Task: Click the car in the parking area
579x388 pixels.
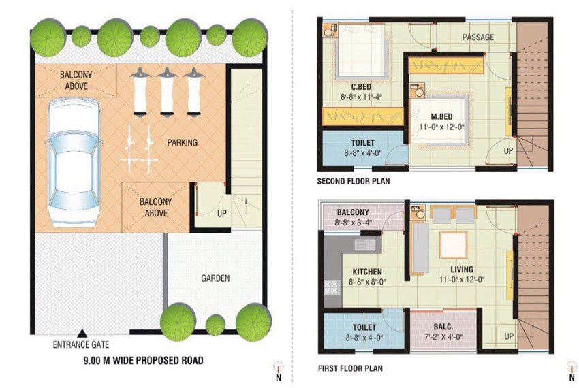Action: (73, 162)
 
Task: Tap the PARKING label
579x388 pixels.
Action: (182, 142)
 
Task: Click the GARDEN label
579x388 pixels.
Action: (215, 278)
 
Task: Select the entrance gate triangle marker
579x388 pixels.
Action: (82, 333)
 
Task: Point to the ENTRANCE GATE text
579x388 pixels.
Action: (81, 345)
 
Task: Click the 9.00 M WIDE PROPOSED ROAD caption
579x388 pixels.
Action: (143, 360)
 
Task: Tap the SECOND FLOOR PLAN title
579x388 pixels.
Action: (354, 181)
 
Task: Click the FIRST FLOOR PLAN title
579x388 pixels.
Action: (350, 368)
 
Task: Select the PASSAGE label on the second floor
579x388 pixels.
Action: (478, 37)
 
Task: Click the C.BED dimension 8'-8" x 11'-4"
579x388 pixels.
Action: (361, 97)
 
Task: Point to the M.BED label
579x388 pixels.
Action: (441, 116)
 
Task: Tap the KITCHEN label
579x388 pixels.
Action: (367, 272)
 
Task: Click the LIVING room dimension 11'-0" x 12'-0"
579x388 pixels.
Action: (462, 280)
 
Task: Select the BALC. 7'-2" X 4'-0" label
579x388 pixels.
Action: (443, 332)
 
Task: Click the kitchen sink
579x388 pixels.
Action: (364, 244)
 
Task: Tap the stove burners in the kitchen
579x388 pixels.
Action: (332, 287)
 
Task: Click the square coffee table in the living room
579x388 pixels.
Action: (454, 245)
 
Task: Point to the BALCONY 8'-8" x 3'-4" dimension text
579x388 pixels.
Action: (353, 223)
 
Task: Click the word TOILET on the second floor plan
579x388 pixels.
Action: (362, 142)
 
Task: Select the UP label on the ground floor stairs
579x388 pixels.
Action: (221, 213)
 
